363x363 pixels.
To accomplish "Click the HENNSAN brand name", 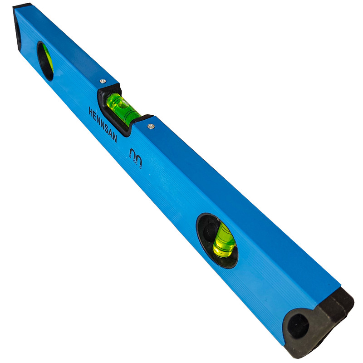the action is click(x=103, y=124).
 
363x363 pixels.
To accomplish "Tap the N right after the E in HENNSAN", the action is click(x=98, y=120).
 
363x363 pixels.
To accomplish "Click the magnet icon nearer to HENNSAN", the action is click(x=133, y=153).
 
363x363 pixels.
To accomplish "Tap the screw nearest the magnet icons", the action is click(x=151, y=126).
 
